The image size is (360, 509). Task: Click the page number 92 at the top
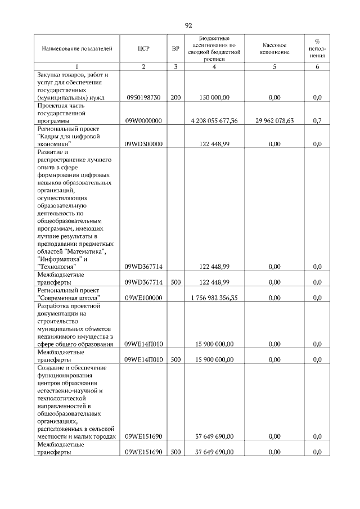[x=188, y=25]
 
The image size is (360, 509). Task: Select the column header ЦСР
[x=143, y=49]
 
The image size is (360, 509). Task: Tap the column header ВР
[x=175, y=49]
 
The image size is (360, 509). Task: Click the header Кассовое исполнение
[x=274, y=48]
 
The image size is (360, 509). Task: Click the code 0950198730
[x=143, y=97]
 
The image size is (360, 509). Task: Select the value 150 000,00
[x=214, y=97]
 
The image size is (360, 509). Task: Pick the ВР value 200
[x=175, y=97]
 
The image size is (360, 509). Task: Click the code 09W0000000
[x=143, y=120]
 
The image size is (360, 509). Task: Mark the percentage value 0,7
[x=317, y=120]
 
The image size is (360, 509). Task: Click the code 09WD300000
[x=143, y=144]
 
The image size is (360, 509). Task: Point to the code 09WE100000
[x=143, y=298]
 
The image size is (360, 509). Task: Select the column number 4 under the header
[x=214, y=67]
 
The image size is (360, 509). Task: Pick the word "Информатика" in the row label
[x=57, y=259]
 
